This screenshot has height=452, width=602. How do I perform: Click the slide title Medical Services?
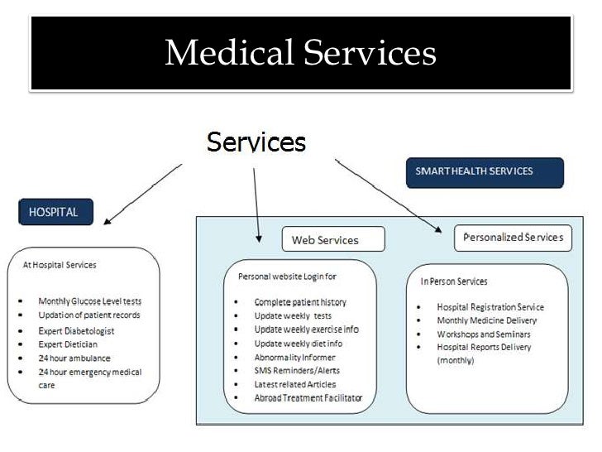point(300,54)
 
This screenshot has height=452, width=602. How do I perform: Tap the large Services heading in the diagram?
point(256,142)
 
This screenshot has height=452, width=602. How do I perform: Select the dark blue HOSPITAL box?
point(55,212)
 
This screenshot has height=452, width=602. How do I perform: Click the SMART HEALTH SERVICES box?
point(485,172)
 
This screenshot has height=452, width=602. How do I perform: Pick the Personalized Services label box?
point(513,238)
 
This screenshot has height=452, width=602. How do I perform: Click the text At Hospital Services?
point(59,265)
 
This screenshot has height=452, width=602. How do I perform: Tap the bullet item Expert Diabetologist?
point(76,330)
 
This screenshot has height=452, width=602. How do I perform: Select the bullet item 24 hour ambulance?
point(74,358)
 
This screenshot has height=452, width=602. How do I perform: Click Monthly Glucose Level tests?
point(89,301)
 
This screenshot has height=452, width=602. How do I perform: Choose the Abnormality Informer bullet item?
point(294,358)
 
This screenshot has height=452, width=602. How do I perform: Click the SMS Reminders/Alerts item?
point(297,371)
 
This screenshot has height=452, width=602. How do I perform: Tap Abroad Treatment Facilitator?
point(308,398)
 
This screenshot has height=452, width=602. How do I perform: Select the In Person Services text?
point(454,281)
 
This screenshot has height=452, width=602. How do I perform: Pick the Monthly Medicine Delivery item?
point(486,320)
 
